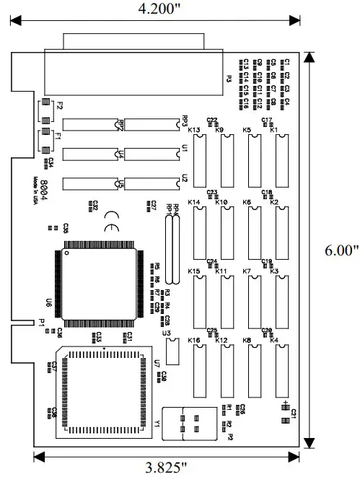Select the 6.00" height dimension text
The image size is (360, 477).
[341, 250]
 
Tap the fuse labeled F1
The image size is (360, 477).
[45, 135]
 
